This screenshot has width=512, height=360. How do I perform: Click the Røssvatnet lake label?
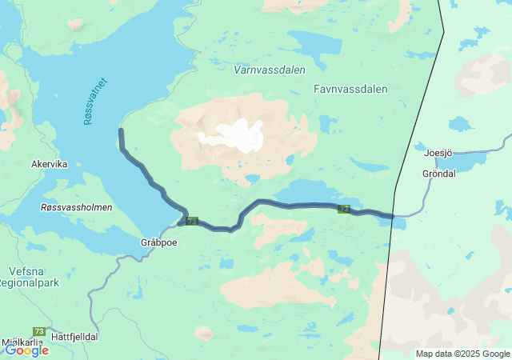[x=94, y=101]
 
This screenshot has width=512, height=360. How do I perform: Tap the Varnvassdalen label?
[x=270, y=70]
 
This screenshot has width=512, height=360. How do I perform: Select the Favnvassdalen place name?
[x=350, y=89]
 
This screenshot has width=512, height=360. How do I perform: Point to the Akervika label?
[x=49, y=164]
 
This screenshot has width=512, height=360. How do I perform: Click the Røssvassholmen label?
[x=76, y=207]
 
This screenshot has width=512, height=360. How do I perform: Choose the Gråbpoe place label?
[x=158, y=242]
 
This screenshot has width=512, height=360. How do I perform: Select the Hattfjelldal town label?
[x=74, y=337]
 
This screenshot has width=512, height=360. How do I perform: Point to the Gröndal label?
[x=439, y=173]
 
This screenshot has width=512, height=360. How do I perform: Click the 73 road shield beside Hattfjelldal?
[x=39, y=331]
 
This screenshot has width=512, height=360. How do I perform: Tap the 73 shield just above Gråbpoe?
[x=192, y=220]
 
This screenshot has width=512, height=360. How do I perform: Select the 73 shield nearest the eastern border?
[x=344, y=209]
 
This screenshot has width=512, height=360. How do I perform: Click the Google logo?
[x=26, y=350]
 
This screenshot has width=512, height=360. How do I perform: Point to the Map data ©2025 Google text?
[x=462, y=354]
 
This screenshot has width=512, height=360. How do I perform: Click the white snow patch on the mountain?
[x=234, y=134]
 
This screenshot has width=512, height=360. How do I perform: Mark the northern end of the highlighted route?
[x=121, y=130]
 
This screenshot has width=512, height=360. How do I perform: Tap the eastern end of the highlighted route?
[x=393, y=215]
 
